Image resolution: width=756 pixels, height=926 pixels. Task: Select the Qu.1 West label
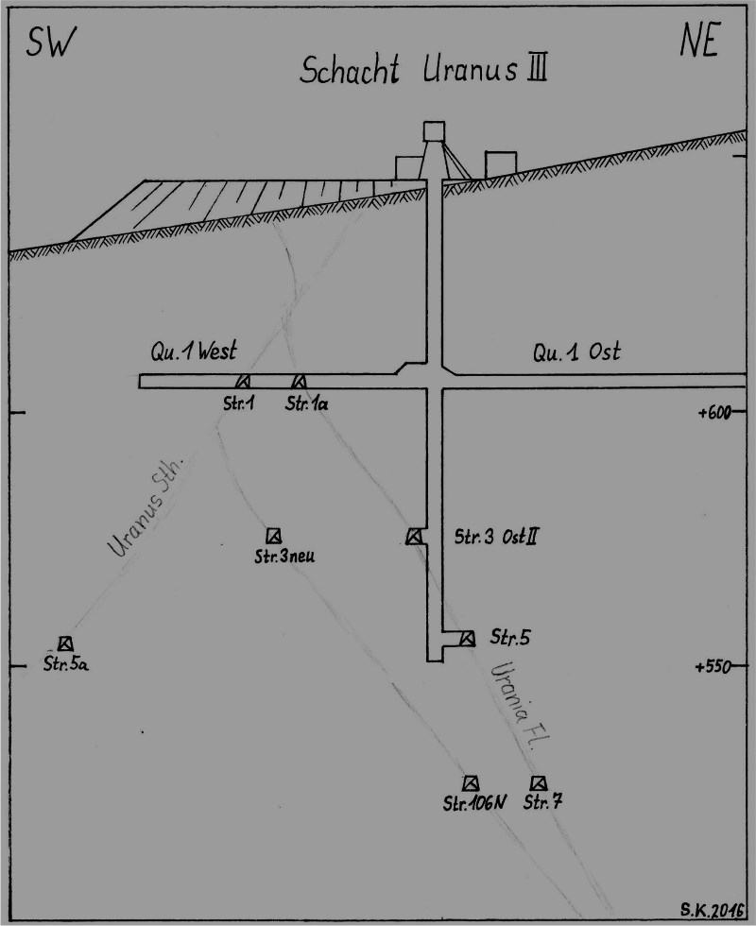pos(192,352)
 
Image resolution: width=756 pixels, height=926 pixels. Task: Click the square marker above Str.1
pos(243,381)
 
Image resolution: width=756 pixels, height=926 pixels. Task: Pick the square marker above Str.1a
pos(300,381)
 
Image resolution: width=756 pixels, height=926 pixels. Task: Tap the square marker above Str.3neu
pos(273,535)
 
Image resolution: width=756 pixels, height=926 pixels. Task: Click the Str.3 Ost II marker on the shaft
pos(414,537)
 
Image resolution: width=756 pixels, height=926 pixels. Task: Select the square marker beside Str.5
pos(467,638)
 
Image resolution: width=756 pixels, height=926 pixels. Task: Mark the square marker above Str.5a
pos(65,643)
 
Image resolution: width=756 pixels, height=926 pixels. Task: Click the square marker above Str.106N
pos(471,783)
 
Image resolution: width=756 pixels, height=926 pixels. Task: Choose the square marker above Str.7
pos(539,783)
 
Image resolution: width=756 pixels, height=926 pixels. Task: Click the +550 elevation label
pos(715,666)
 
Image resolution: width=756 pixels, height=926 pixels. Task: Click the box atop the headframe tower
pos(435,130)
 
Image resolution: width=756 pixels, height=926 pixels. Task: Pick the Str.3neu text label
pos(284,556)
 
